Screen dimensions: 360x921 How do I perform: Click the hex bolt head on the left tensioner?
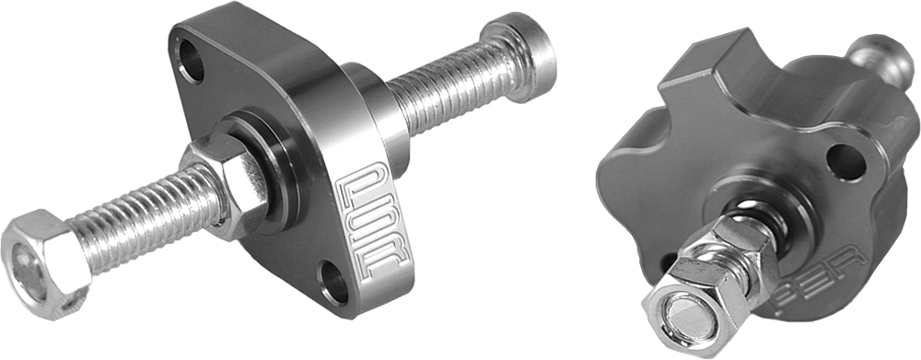(46, 257)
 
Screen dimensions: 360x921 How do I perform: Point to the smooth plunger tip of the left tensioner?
(529, 46)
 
